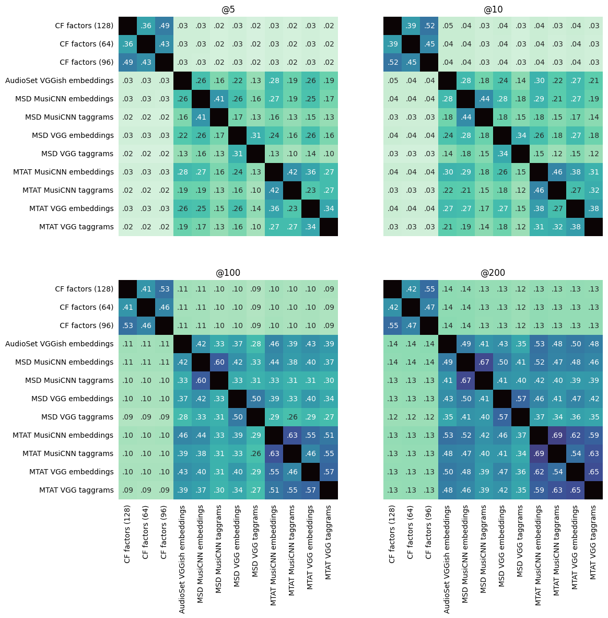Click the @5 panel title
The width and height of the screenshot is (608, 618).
[228, 9]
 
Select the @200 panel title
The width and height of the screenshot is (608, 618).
[493, 273]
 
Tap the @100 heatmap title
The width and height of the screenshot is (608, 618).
[228, 273]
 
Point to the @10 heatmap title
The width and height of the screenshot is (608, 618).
[493, 9]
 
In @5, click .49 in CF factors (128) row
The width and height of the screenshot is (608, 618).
[164, 26]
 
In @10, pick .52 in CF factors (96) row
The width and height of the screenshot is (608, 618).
[392, 63]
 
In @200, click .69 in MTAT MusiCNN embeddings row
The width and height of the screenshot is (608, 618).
[557, 435]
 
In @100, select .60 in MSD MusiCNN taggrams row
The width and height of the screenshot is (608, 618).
[201, 380]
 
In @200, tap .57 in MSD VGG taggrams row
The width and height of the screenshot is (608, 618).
[502, 417]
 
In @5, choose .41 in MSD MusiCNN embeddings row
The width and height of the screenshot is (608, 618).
[219, 99]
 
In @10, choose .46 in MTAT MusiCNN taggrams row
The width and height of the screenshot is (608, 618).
[539, 190]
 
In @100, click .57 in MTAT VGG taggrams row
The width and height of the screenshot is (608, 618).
[310, 490]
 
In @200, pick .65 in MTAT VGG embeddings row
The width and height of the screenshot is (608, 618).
[593, 472]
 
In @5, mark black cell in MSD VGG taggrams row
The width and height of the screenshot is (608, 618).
[255, 154]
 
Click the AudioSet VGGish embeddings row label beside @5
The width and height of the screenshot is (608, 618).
[59, 80]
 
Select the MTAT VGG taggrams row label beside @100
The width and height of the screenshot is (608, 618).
[76, 490]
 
